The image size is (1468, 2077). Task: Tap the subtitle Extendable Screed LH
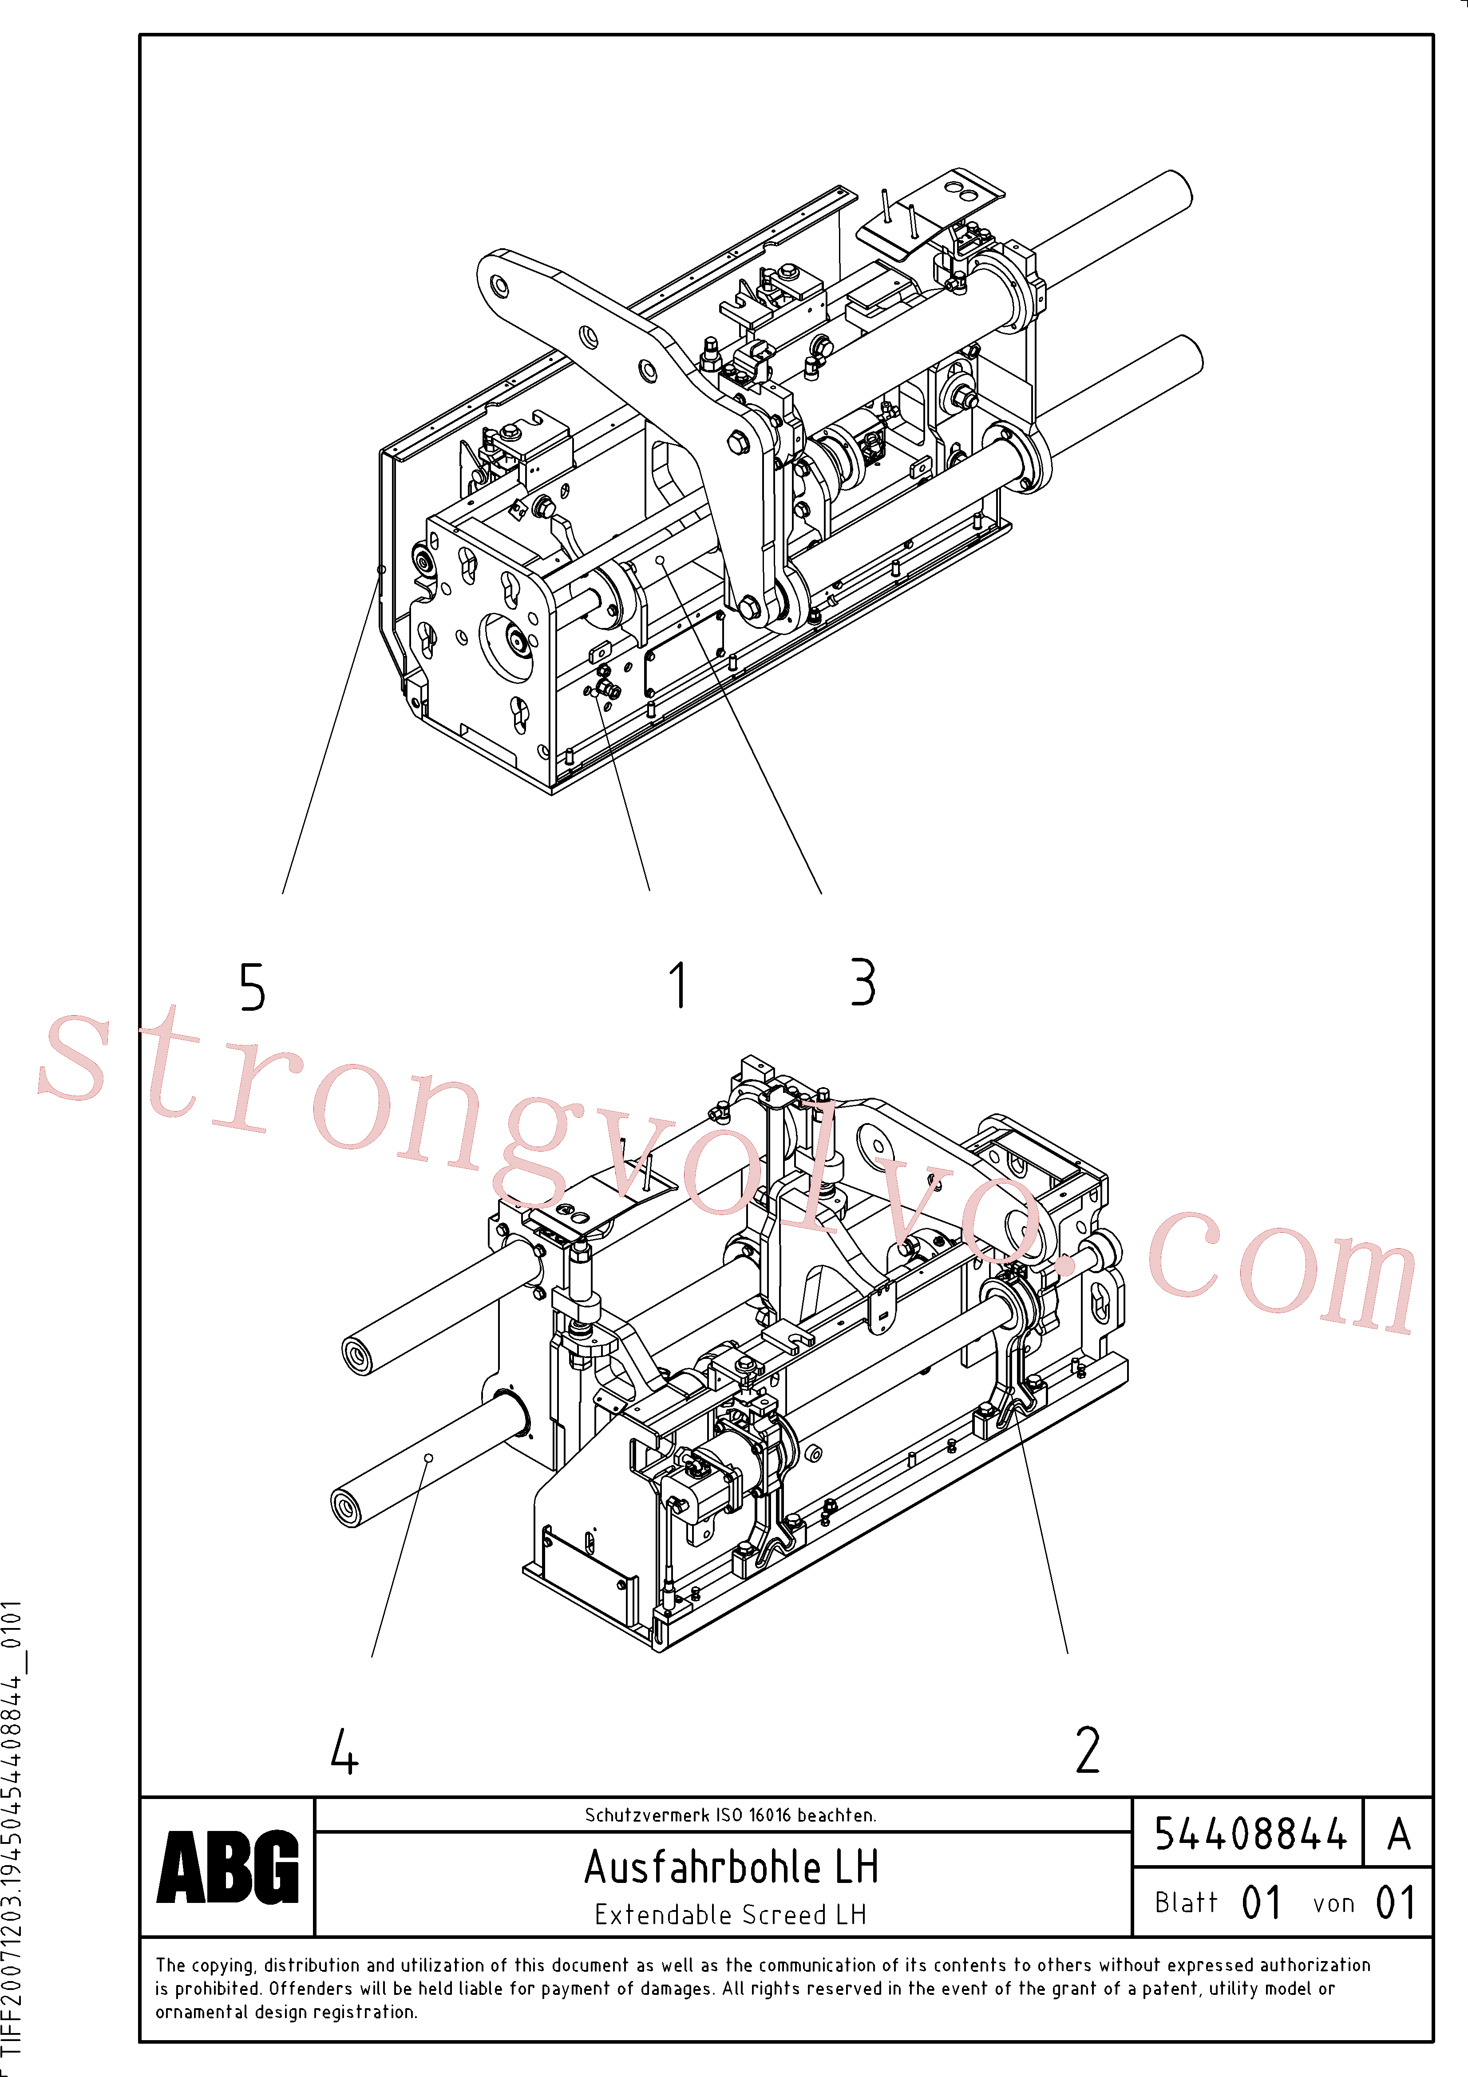731,1915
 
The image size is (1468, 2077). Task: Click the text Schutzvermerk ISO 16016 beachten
731,1815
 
